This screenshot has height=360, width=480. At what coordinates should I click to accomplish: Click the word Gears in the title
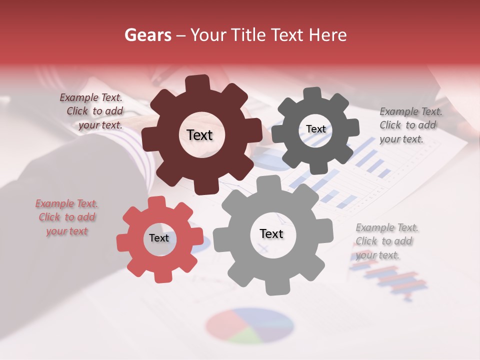[147, 35]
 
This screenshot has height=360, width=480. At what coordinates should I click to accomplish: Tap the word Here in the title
[328, 35]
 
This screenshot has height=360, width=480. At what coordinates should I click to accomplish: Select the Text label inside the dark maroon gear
[199, 135]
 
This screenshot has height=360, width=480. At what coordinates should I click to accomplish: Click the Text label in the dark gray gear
[315, 129]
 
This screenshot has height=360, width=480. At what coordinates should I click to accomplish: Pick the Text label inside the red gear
[159, 238]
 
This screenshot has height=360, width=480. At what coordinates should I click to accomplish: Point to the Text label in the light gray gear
[271, 233]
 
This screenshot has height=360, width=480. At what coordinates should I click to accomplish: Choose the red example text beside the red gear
[66, 217]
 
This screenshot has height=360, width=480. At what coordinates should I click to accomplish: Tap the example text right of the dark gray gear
[410, 125]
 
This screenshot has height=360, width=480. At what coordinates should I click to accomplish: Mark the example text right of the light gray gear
[386, 241]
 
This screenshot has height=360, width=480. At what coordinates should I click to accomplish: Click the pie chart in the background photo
[249, 325]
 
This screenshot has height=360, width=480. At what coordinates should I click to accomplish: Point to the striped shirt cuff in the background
[140, 160]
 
